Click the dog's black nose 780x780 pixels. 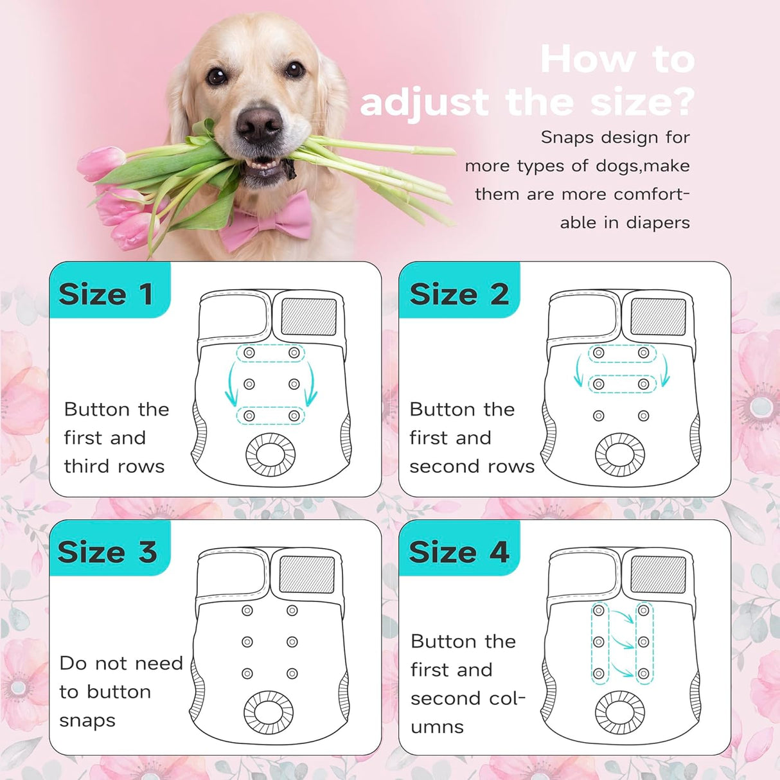[259, 125]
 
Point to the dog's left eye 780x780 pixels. [294, 69]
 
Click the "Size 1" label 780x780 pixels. [106, 294]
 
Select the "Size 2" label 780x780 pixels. [459, 294]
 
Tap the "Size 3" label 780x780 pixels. [107, 552]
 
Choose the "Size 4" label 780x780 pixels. [459, 552]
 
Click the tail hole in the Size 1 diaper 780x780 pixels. [270, 454]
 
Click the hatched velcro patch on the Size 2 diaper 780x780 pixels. [658, 317]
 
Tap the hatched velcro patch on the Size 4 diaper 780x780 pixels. [658, 575]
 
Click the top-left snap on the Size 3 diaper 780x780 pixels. [247, 610]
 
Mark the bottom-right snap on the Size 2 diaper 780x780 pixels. [643, 416]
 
